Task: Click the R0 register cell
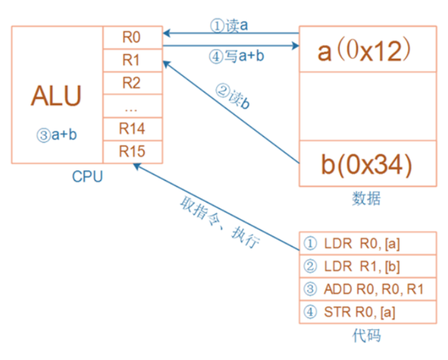pyautogui.click(x=132, y=38)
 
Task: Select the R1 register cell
pyautogui.click(x=132, y=60)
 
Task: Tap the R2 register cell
pyautogui.click(x=132, y=83)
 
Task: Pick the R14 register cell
pyautogui.click(x=132, y=129)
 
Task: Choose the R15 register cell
pyautogui.click(x=132, y=151)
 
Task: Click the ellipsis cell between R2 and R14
pyautogui.click(x=132, y=106)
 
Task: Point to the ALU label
pyautogui.click(x=56, y=96)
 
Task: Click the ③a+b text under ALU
pyautogui.click(x=57, y=135)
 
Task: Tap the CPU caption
pyautogui.click(x=87, y=177)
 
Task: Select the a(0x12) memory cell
pyautogui.click(x=367, y=50)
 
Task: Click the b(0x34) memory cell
pyautogui.click(x=367, y=164)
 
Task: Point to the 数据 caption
pyautogui.click(x=367, y=199)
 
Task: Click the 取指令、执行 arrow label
pyautogui.click(x=220, y=223)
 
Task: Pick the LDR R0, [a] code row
pyautogui.click(x=367, y=244)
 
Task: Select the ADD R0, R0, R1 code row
pyautogui.click(x=367, y=289)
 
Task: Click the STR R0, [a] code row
pyautogui.click(x=367, y=311)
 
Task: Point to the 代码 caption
pyautogui.click(x=367, y=336)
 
